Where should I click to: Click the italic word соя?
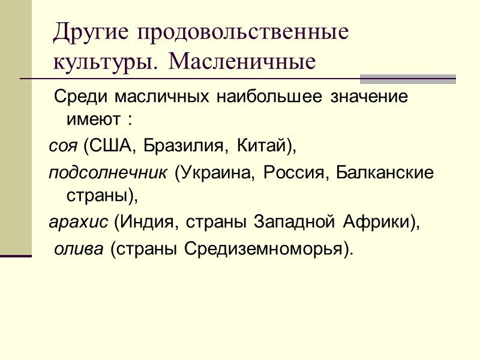coord(64,145)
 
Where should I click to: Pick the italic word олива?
coord(79,248)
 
